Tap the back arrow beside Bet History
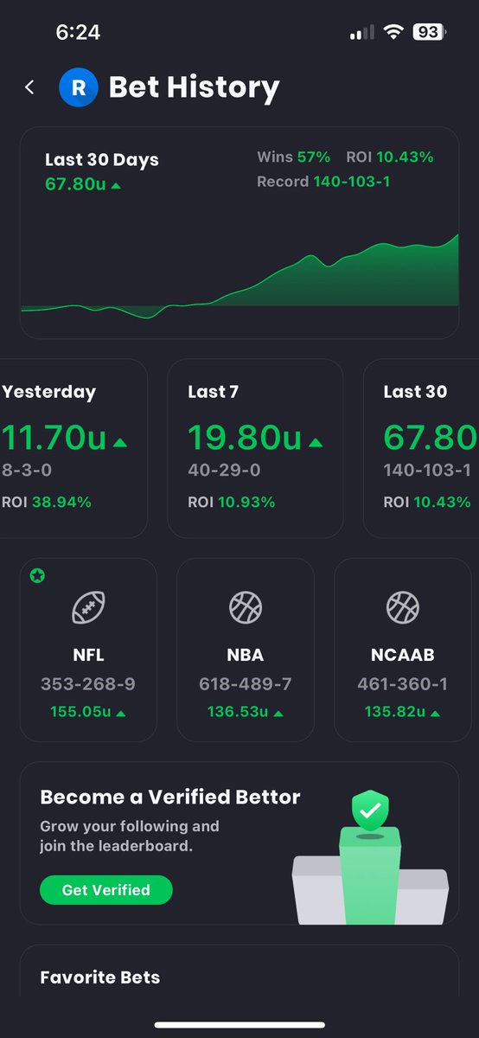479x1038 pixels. pyautogui.click(x=30, y=87)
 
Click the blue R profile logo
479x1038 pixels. pyautogui.click(x=79, y=87)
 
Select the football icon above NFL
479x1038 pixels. pyautogui.click(x=88, y=608)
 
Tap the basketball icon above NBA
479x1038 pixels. pyautogui.click(x=246, y=608)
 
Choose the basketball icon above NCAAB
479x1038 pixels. pyautogui.click(x=402, y=608)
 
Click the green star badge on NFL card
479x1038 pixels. pyautogui.click(x=37, y=576)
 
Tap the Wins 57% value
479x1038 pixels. pyautogui.click(x=314, y=157)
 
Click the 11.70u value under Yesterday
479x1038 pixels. pyautogui.click(x=54, y=439)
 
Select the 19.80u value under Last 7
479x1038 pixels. pyautogui.click(x=245, y=439)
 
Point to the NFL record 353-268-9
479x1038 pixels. pyautogui.click(x=88, y=684)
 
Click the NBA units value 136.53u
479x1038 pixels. pyautogui.click(x=238, y=712)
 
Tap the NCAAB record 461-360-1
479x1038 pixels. pyautogui.click(x=402, y=684)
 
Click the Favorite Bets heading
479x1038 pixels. pyautogui.click(x=100, y=977)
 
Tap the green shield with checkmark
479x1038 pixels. pyautogui.click(x=370, y=811)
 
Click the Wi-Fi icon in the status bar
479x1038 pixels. pyautogui.click(x=394, y=33)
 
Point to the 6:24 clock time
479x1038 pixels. pyautogui.click(x=78, y=33)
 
